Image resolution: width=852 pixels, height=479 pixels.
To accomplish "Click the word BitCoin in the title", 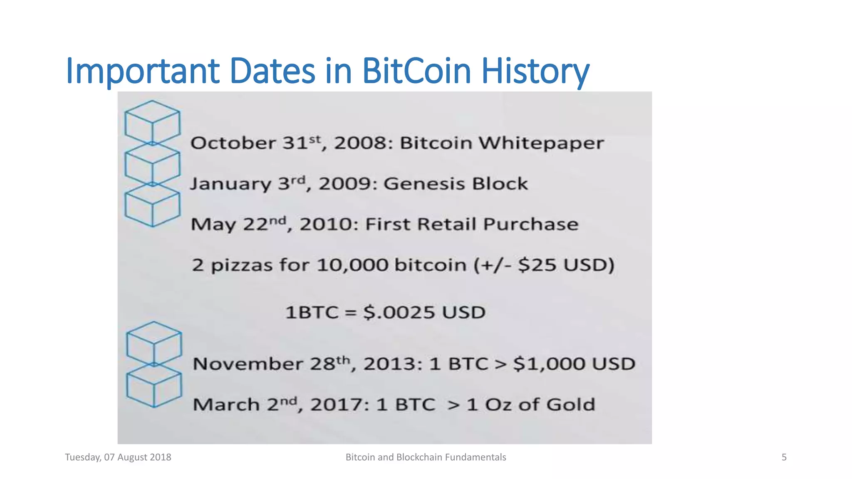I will click(416, 71).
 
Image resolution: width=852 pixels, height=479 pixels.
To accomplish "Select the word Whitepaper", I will click(541, 143).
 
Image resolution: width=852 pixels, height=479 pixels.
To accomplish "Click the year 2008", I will click(360, 143).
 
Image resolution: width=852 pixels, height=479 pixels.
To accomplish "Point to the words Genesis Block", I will click(455, 184).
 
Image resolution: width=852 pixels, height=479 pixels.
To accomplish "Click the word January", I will click(230, 184).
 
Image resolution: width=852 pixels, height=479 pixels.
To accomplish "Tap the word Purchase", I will click(530, 225).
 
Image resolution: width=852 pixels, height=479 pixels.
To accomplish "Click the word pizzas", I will click(241, 265).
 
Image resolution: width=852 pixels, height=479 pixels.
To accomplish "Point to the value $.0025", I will click(399, 312).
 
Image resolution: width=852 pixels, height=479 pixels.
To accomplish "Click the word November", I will click(248, 364).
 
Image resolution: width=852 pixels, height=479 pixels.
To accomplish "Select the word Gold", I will click(570, 405).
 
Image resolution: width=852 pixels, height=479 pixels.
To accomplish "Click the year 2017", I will click(337, 405).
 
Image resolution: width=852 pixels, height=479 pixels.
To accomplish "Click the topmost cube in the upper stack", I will click(152, 122).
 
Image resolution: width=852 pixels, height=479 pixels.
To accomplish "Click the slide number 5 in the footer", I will click(784, 457).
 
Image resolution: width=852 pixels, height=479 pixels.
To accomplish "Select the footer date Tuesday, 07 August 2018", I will click(118, 457).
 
